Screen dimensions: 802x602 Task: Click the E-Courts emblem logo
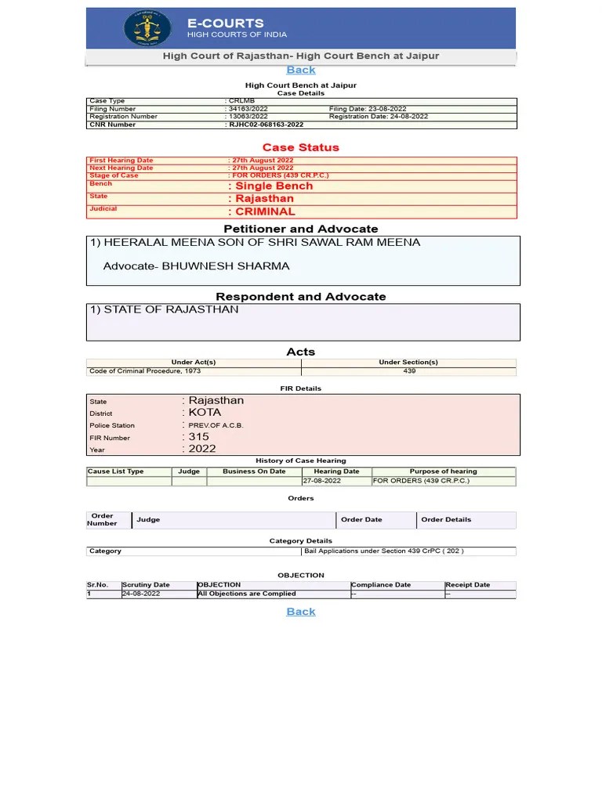pyautogui.click(x=147, y=28)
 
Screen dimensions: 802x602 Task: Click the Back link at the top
pyautogui.click(x=301, y=70)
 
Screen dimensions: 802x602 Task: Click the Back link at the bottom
pyautogui.click(x=301, y=612)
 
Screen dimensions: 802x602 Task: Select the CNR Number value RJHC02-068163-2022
pyautogui.click(x=266, y=125)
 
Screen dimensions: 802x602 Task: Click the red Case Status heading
pyautogui.click(x=301, y=147)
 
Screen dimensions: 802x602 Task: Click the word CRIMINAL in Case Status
pyautogui.click(x=265, y=211)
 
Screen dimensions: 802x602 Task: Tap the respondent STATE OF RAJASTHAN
pyautogui.click(x=165, y=309)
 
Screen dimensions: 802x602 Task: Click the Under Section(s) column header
pyautogui.click(x=408, y=363)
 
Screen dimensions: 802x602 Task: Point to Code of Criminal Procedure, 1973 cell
pyautogui.click(x=145, y=371)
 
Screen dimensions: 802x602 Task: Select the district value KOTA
pyautogui.click(x=205, y=412)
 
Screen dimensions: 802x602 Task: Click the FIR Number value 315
pyautogui.click(x=199, y=437)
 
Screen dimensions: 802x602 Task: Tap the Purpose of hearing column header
pyautogui.click(x=443, y=471)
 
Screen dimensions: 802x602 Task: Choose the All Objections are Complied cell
pyautogui.click(x=247, y=594)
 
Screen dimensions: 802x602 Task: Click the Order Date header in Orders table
pyautogui.click(x=361, y=520)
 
